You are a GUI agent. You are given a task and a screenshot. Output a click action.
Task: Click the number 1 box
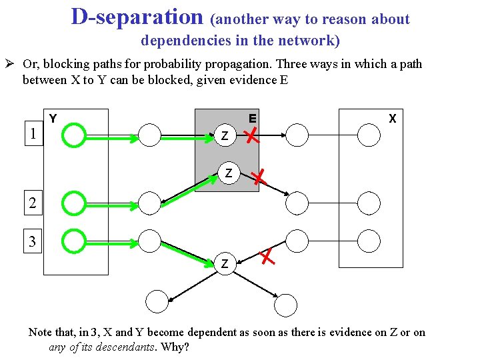pyautogui.click(x=33, y=134)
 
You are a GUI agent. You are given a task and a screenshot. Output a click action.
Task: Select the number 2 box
pyautogui.click(x=33, y=203)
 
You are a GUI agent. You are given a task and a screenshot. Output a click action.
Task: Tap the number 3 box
pyautogui.click(x=33, y=241)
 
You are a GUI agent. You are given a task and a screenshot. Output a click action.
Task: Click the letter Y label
pyautogui.click(x=53, y=119)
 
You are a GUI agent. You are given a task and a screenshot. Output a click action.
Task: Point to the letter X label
pyautogui.click(x=393, y=119)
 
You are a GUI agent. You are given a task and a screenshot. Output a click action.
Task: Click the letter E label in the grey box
pyautogui.click(x=253, y=119)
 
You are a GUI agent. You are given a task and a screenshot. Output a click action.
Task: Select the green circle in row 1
pyautogui.click(x=73, y=135)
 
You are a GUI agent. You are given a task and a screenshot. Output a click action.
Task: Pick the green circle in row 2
pyautogui.click(x=73, y=203)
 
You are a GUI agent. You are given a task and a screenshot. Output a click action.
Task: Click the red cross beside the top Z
pyautogui.click(x=252, y=137)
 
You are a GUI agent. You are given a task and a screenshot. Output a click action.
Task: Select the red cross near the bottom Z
pyautogui.click(x=267, y=255)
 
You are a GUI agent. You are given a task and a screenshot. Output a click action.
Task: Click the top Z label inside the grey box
pyautogui.click(x=225, y=137)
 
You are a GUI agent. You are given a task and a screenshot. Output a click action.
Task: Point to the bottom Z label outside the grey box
pyautogui.click(x=225, y=264)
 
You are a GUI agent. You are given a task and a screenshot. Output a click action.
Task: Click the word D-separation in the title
pyautogui.click(x=137, y=17)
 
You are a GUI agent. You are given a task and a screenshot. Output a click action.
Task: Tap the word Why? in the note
pyautogui.click(x=176, y=347)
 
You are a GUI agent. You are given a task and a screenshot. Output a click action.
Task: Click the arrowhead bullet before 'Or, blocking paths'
pyautogui.click(x=12, y=65)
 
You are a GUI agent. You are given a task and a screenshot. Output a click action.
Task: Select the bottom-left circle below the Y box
pyautogui.click(x=157, y=302)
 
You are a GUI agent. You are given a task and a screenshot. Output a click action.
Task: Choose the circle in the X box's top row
pyautogui.click(x=369, y=135)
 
